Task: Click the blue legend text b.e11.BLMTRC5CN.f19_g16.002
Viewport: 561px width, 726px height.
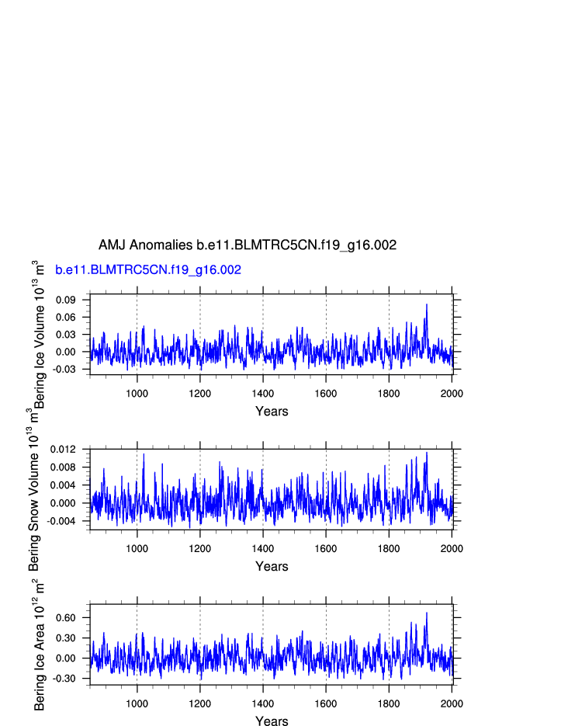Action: coord(148,270)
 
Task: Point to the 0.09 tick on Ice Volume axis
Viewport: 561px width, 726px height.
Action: coord(66,300)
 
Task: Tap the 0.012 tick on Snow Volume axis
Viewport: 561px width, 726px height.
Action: coord(64,450)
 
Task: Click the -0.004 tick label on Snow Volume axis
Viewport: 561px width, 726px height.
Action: coord(62,521)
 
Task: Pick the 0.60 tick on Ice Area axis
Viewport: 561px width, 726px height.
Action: coord(66,618)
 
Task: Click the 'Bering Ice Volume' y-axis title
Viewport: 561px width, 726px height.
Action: coord(40,334)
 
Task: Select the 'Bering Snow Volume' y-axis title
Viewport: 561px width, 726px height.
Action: coord(34,489)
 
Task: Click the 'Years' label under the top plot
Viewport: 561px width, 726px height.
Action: coord(272,412)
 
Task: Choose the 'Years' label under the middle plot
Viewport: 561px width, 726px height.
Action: coord(272,567)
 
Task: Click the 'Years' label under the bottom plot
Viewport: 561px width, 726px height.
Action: coord(272,721)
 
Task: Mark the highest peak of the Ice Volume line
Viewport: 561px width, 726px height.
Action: coord(426,304)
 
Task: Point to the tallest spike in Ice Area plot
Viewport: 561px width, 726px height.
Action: coord(426,613)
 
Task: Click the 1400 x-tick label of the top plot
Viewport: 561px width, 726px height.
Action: coord(263,393)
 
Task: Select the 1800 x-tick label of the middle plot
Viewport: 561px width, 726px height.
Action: coord(389,548)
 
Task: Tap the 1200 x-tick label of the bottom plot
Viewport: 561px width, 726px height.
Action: coord(200,703)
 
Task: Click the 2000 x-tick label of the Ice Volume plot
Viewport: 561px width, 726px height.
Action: coord(452,393)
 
